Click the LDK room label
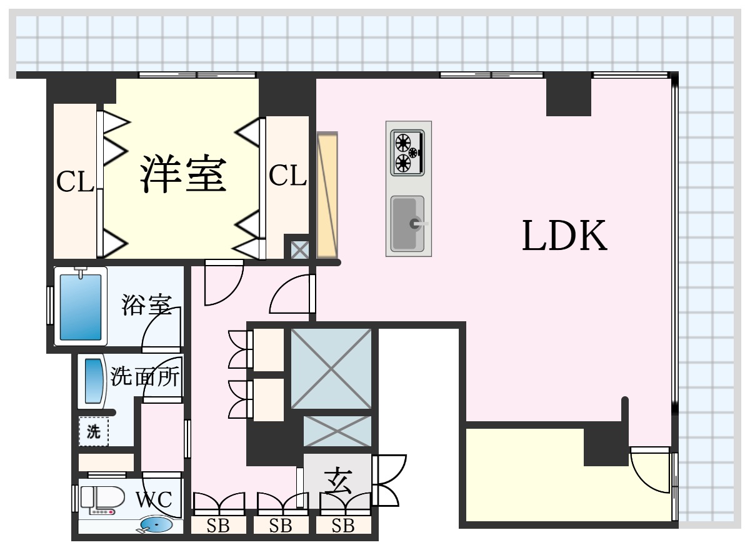pyautogui.click(x=565, y=236)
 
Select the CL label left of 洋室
pyautogui.click(x=75, y=181)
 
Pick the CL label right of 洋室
pyautogui.click(x=287, y=175)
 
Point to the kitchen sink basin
pyautogui.click(x=407, y=224)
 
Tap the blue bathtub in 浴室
pyautogui.click(x=81, y=307)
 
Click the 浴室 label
pyautogui.click(x=147, y=304)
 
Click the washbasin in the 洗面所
pyautogui.click(x=93, y=381)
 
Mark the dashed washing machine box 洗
pyautogui.click(x=94, y=431)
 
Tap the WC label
pyautogui.click(x=154, y=499)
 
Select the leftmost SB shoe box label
pyautogui.click(x=218, y=526)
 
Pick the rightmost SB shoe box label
pyautogui.click(x=343, y=526)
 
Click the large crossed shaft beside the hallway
pyautogui.click(x=331, y=369)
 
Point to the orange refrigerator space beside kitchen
pyautogui.click(x=327, y=195)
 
